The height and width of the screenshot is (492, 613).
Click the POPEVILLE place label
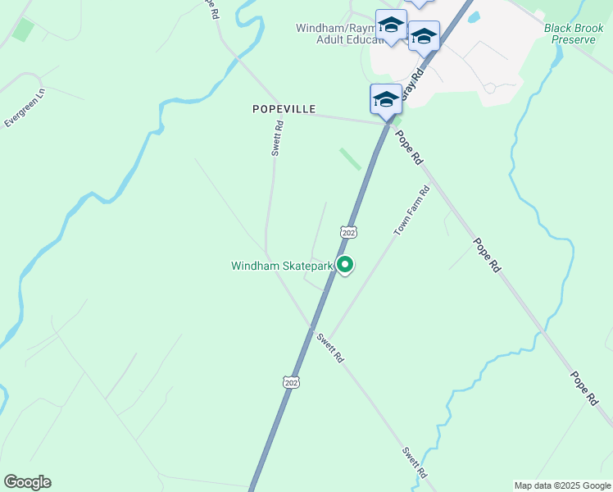pos(284,108)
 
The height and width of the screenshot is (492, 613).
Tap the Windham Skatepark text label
pos(281,266)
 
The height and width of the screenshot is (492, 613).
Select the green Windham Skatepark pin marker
pos(346,265)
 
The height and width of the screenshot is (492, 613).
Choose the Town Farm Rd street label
pos(411,212)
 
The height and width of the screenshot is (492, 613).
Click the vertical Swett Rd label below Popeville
pos(277,139)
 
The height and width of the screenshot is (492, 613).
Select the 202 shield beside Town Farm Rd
pos(349,233)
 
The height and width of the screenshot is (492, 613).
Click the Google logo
pos(27,482)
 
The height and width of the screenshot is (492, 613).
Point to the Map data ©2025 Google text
pos(562,485)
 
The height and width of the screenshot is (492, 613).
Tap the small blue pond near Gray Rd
pos(475,39)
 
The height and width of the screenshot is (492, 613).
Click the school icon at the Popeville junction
pos(386,100)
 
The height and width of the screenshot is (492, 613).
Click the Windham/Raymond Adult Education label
pos(339,34)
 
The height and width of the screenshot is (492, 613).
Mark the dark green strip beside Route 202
pos(351,158)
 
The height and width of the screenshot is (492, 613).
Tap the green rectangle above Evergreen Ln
pos(23,30)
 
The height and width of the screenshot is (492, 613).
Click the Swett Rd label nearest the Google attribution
pos(415,463)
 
